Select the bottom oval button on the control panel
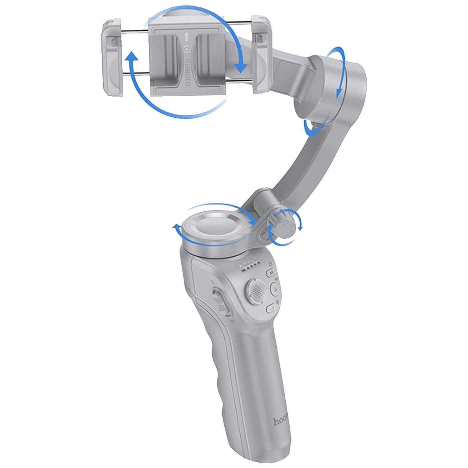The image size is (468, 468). tap(270, 309)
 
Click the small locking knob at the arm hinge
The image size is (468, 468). tap(284, 227)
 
